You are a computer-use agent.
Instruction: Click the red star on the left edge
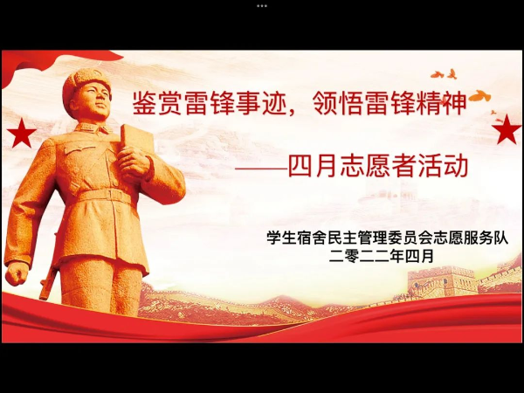point(21,134)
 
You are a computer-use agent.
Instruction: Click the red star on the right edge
point(507,129)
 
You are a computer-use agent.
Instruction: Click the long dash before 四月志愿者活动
point(261,169)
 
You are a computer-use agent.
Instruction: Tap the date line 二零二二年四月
point(382,256)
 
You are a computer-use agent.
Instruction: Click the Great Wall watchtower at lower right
point(442,280)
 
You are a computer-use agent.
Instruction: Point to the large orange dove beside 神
point(479,96)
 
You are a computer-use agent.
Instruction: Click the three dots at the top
point(262,6)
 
